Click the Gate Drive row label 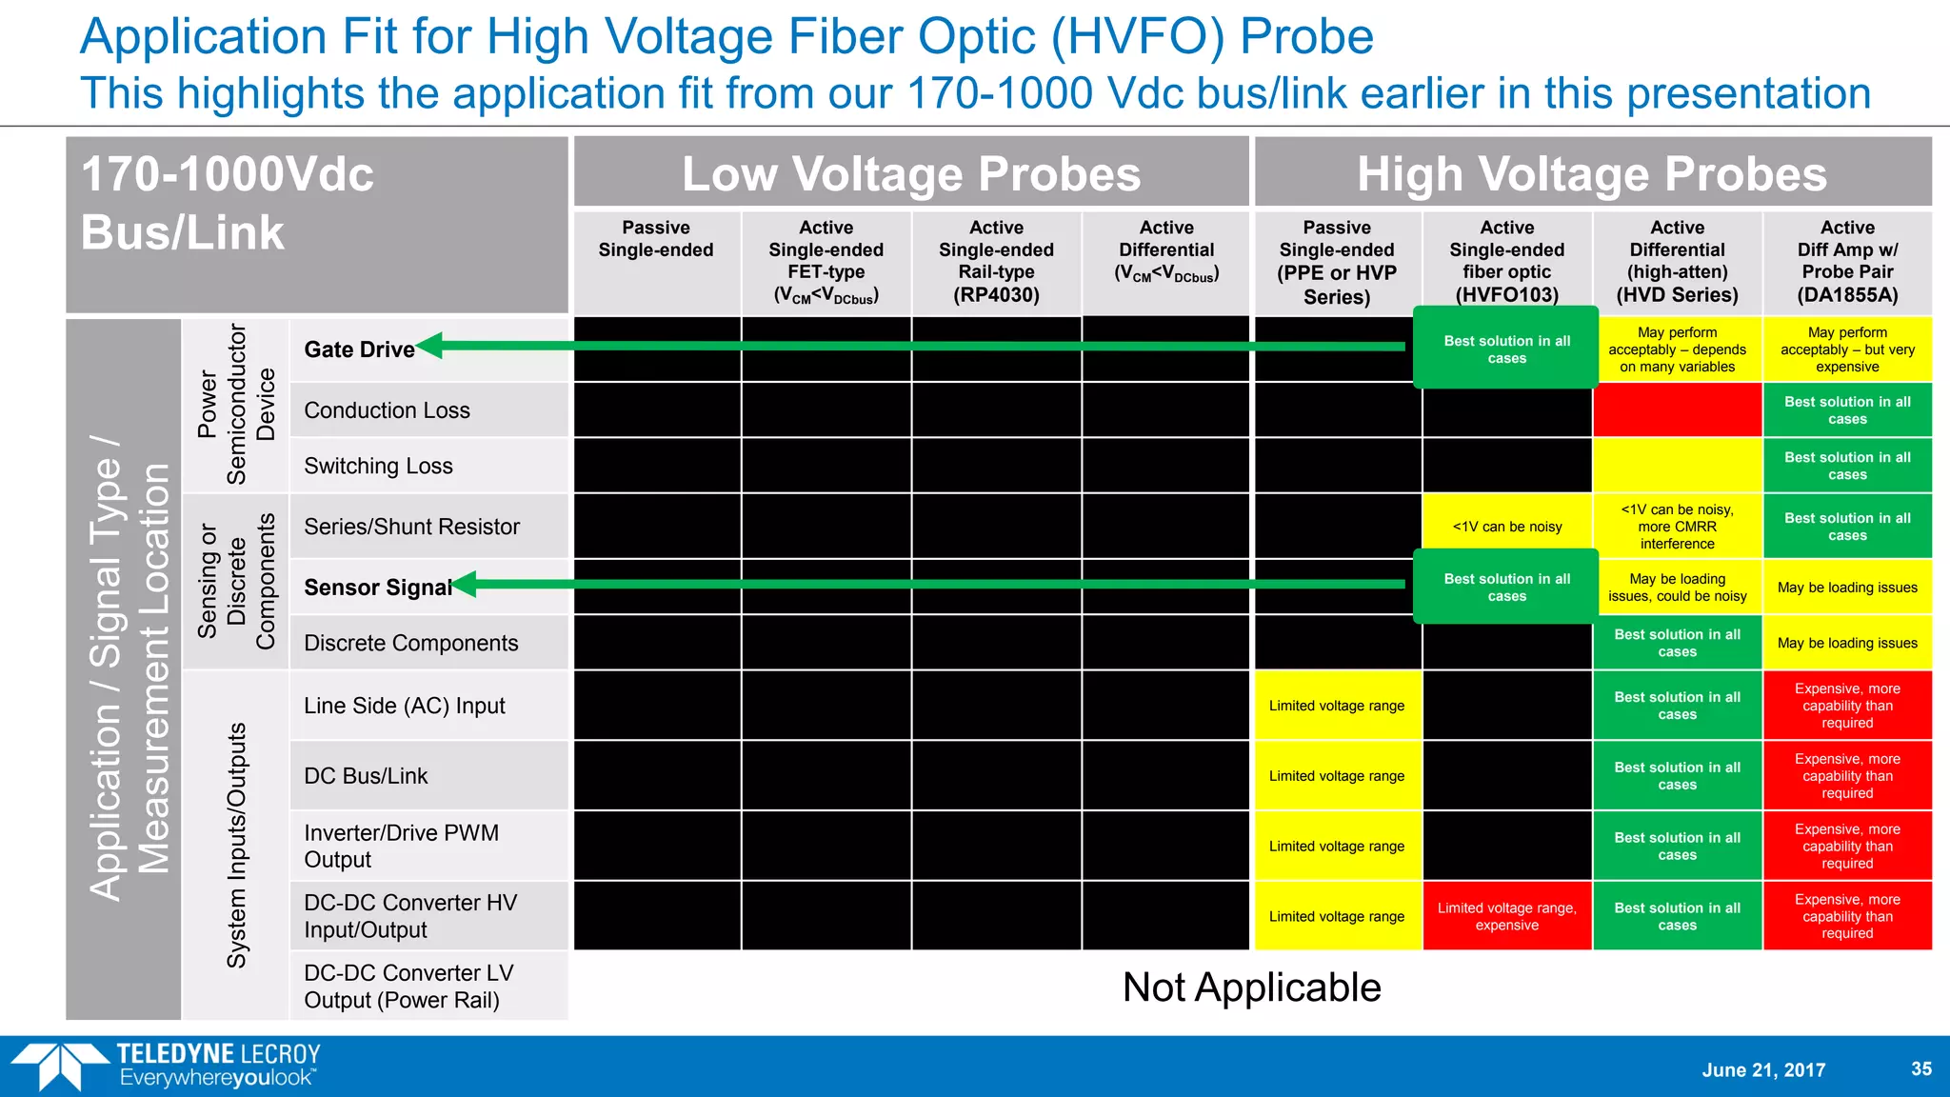(x=359, y=349)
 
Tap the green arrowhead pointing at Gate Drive (x=431, y=346)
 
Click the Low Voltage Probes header (x=911, y=173)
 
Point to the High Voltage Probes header (x=1592, y=173)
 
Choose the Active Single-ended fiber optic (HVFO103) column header (x=1506, y=261)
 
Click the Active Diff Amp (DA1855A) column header (x=1847, y=261)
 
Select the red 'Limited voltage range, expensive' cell (x=1506, y=916)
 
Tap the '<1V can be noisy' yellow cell (x=1506, y=527)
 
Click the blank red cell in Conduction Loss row (x=1677, y=410)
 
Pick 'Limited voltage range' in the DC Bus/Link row (x=1336, y=776)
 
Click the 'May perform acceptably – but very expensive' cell (x=1847, y=349)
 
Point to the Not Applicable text (x=1251, y=987)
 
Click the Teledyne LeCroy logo (x=167, y=1066)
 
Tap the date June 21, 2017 (x=1763, y=1069)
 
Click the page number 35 (x=1921, y=1068)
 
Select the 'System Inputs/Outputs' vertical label (x=236, y=846)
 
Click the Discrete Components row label (x=410, y=643)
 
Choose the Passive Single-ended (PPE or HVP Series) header (x=1336, y=262)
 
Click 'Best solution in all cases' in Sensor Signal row (x=1506, y=588)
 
